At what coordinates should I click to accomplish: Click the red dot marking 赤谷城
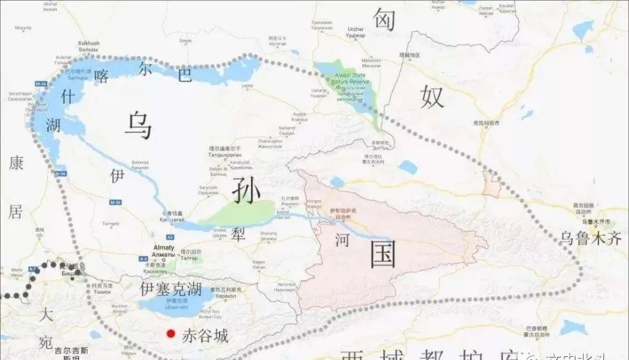point(169,334)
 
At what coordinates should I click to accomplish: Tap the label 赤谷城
point(205,335)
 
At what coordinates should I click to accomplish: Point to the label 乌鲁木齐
point(591,238)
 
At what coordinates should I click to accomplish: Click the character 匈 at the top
point(384,20)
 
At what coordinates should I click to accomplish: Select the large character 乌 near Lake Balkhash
point(138,125)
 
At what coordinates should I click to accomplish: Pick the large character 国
point(383,255)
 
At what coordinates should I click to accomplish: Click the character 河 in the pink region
point(342,239)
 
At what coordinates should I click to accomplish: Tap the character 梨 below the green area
point(238,235)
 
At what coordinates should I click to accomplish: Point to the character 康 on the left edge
point(16,164)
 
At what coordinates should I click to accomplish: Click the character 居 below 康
point(15,212)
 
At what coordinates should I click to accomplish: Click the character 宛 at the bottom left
point(46,343)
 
